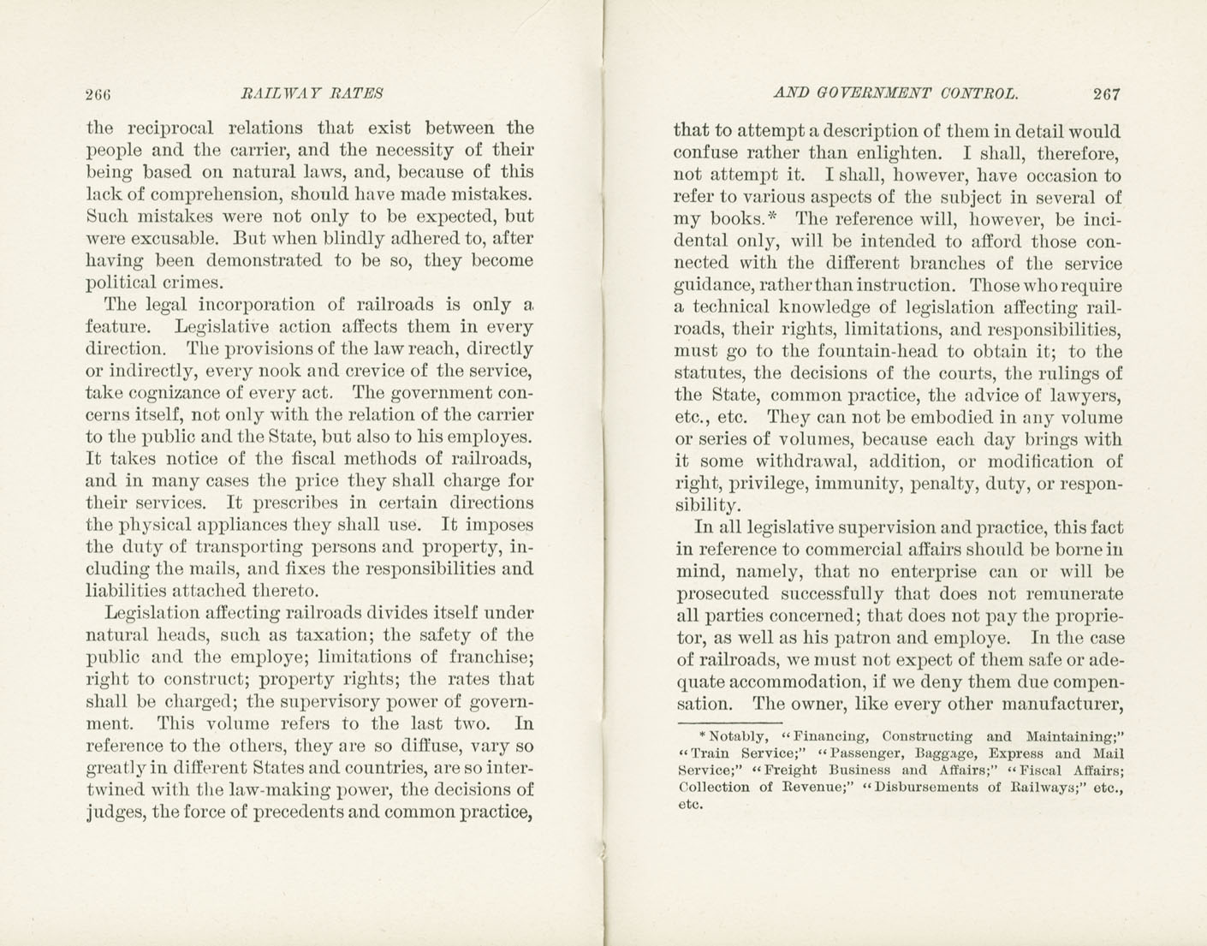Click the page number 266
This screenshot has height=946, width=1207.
(x=99, y=94)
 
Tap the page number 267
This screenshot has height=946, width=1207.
(x=1106, y=94)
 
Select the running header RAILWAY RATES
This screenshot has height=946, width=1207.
(x=312, y=93)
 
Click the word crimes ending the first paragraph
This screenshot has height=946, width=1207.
(x=193, y=283)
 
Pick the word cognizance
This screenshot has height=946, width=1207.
(x=169, y=394)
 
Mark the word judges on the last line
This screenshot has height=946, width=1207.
(x=116, y=812)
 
